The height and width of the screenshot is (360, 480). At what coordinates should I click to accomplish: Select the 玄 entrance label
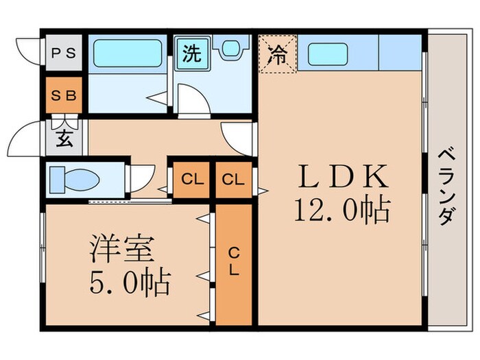point(64,138)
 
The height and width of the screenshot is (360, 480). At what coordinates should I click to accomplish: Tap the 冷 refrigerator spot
point(276,53)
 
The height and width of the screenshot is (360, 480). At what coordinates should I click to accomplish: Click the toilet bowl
point(75,180)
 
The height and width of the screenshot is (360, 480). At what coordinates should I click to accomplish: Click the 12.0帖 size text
point(342,209)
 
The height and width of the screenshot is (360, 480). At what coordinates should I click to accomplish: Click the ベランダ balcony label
point(446,187)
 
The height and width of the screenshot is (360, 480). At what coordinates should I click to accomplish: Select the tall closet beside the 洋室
point(233,264)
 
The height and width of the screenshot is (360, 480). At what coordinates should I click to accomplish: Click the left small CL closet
point(192,180)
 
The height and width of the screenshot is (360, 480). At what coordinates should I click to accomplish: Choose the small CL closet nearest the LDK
point(233,180)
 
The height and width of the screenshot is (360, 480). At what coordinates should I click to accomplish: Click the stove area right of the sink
point(399,53)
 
